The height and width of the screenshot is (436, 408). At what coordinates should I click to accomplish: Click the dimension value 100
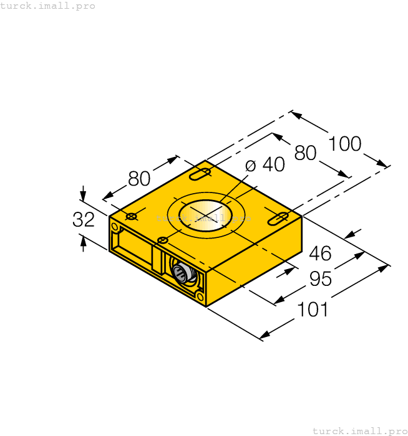[345, 144]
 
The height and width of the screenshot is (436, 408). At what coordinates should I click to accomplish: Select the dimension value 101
[312, 308]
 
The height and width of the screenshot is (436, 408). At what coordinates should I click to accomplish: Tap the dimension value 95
[320, 280]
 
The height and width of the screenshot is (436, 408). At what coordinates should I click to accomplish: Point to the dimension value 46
[320, 254]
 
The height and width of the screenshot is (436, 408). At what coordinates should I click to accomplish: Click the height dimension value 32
[83, 219]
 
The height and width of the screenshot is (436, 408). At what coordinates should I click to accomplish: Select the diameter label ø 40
[265, 164]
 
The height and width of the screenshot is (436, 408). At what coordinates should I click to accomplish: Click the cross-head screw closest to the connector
[163, 240]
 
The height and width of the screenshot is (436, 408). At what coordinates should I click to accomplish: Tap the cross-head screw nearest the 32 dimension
[131, 216]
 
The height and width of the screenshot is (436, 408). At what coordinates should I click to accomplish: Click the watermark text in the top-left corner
[49, 6]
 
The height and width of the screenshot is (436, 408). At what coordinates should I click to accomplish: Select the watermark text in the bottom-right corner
[359, 430]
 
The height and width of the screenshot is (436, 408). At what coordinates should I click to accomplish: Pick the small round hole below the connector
[199, 296]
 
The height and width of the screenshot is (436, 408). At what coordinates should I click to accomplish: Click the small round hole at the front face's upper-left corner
[115, 227]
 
